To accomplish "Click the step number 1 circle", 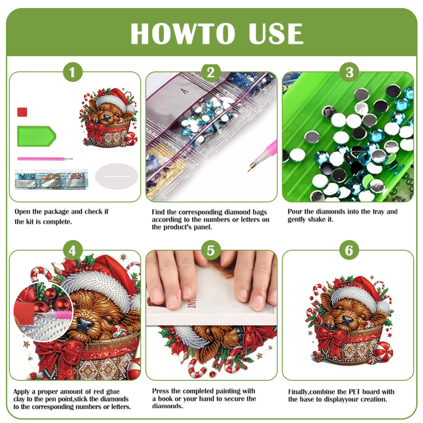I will pos(73,73).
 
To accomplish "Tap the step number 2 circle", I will pos(211,73).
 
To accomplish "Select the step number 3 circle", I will pos(349,73).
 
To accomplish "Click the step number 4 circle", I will pos(73,251).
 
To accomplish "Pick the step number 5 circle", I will pos(211,251).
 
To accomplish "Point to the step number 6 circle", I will pos(349,251).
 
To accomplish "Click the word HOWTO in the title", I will pos(182,34).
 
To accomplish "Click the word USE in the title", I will pos(276,34).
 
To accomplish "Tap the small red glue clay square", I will pos(22,112).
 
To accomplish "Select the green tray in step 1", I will pos(36,136).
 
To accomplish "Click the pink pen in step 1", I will pos(44,159).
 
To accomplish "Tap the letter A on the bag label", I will pos(183,90).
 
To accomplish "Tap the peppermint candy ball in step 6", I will pos(384,352).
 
